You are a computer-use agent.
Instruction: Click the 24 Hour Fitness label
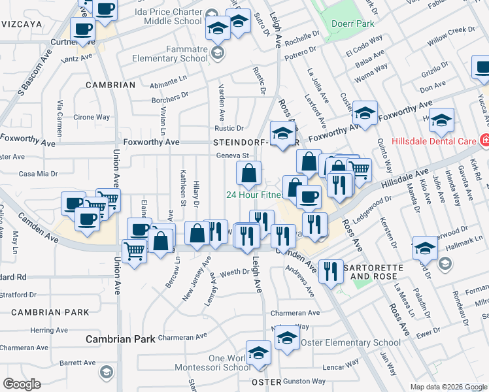click(x=254, y=195)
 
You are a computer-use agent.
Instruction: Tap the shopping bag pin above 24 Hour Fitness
click(x=248, y=174)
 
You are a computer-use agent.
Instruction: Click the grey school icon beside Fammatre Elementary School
click(x=218, y=53)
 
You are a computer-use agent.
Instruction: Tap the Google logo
click(x=22, y=384)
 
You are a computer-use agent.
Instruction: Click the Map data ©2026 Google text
click(x=448, y=387)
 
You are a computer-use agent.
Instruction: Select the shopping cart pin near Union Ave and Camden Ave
click(x=134, y=250)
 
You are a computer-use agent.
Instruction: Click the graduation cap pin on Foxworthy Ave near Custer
click(x=365, y=113)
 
